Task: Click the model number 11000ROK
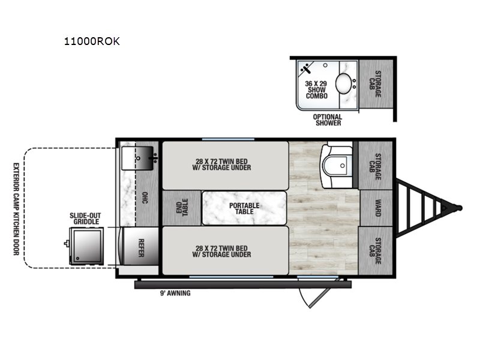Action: pyautogui.click(x=92, y=41)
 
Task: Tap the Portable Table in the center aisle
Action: pyautogui.click(x=244, y=208)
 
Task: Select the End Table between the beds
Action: pyautogui.click(x=182, y=208)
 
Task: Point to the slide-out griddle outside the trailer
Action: pyautogui.click(x=86, y=246)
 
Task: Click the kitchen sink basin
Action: pyautogui.click(x=137, y=158)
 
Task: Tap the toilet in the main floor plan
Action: pyautogui.click(x=336, y=166)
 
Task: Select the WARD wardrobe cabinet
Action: pyautogui.click(x=377, y=208)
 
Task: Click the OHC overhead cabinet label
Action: pyautogui.click(x=145, y=198)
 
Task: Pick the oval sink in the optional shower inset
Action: pyautogui.click(x=343, y=83)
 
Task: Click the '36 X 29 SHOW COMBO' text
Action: pyautogui.click(x=317, y=89)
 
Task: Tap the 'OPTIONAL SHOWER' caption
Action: pyautogui.click(x=328, y=119)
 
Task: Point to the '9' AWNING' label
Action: pyautogui.click(x=175, y=293)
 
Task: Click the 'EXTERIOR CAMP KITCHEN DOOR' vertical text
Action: pyautogui.click(x=16, y=209)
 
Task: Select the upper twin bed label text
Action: pyautogui.click(x=221, y=164)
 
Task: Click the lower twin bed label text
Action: pyautogui.click(x=221, y=251)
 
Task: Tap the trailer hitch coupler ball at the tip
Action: pyautogui.click(x=459, y=208)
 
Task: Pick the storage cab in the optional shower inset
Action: pyautogui.click(x=376, y=84)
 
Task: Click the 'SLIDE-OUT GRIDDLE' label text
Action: pyautogui.click(x=85, y=218)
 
